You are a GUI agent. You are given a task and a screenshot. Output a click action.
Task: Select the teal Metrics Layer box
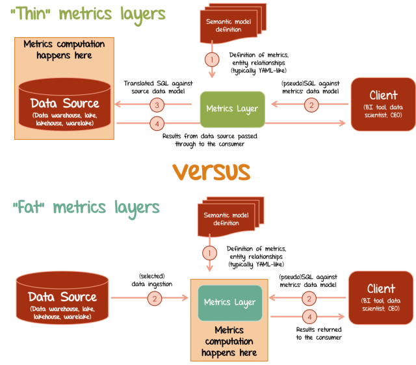pyautogui.click(x=229, y=302)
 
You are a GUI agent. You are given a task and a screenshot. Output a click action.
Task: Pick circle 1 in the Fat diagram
pyautogui.click(x=209, y=252)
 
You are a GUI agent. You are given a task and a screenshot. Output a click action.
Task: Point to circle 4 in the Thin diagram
pyautogui.click(x=155, y=123)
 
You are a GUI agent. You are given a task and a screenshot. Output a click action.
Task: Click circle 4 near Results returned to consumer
pyautogui.click(x=311, y=316)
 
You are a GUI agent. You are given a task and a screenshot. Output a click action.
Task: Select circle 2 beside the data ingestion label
pyautogui.click(x=155, y=299)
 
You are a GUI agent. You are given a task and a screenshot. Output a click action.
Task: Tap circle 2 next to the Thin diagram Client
pyautogui.click(x=312, y=103)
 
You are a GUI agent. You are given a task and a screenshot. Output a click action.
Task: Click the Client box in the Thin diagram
pyautogui.click(x=383, y=104)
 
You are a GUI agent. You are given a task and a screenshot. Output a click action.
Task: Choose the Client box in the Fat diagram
pyautogui.click(x=380, y=297)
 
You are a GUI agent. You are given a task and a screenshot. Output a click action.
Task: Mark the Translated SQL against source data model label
pyautogui.click(x=155, y=87)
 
